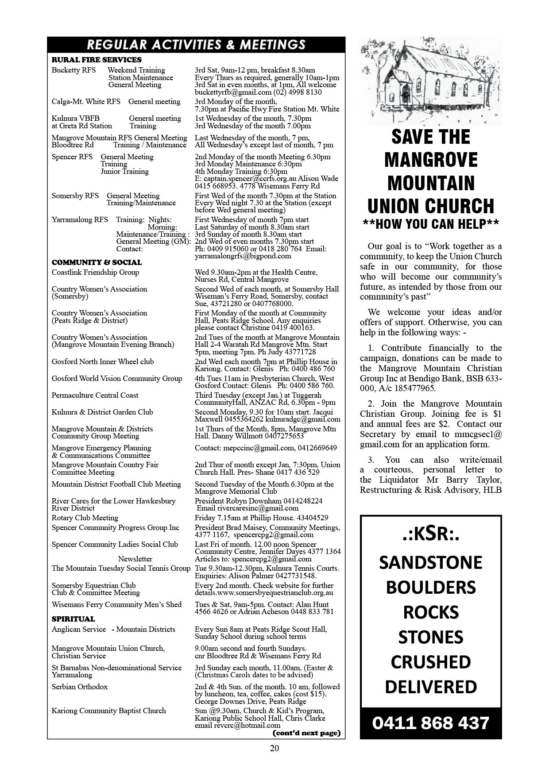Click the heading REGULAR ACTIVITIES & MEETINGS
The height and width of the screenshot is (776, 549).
tap(196, 45)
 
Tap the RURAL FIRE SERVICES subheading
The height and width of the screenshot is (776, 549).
tap(97, 60)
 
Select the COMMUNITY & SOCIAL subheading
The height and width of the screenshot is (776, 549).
tap(97, 262)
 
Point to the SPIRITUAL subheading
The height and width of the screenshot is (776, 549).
tap(73, 619)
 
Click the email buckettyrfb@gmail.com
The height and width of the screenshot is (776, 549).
tap(233, 92)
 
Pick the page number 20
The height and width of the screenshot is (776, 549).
tap(274, 748)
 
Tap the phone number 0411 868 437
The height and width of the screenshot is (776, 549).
tap(431, 723)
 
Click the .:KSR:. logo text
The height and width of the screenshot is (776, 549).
tap(431, 534)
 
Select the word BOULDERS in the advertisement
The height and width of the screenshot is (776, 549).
tap(431, 588)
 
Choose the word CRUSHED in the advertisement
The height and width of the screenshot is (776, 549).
tap(431, 662)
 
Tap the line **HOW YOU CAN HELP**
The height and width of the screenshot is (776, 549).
tap(431, 224)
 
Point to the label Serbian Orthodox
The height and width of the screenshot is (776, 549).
tap(80, 687)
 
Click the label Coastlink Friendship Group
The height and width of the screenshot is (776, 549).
tap(95, 273)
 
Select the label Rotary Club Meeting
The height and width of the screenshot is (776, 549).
tap(85, 518)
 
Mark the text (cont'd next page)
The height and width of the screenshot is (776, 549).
tap(307, 733)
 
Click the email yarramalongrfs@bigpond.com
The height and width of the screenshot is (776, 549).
tap(243, 256)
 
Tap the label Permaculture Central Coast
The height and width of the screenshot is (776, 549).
tap(95, 396)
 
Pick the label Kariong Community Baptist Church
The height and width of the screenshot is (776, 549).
tap(108, 711)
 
